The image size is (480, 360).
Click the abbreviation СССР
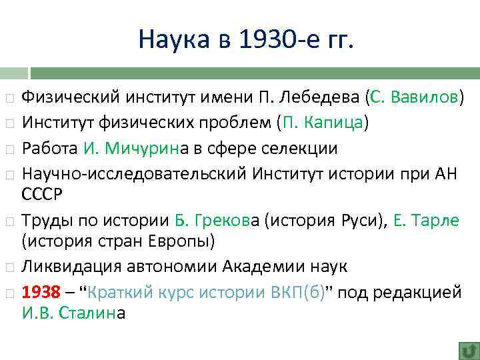tap(41, 195)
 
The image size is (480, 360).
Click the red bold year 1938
tap(41, 291)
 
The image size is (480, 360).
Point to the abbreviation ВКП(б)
tap(291, 291)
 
